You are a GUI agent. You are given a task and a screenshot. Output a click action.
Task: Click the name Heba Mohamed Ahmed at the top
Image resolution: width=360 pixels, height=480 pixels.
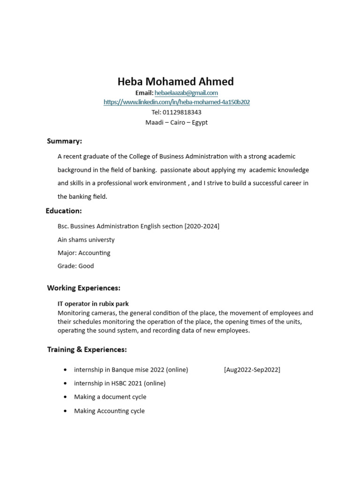tap(175, 82)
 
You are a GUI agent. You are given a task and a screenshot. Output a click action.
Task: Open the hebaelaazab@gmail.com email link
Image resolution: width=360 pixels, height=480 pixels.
tap(186, 93)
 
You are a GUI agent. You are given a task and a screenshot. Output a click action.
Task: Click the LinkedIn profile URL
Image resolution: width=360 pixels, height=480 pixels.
tap(176, 102)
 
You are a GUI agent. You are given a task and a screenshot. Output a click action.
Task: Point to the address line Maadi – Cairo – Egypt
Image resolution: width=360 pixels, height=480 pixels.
tap(176, 123)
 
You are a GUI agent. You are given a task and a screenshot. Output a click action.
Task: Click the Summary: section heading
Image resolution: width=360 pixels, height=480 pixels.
tap(64, 141)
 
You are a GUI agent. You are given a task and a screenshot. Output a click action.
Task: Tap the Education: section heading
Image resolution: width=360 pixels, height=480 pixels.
tap(64, 211)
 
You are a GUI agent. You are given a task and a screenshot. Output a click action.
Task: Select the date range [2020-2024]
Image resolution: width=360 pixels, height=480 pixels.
tap(202, 226)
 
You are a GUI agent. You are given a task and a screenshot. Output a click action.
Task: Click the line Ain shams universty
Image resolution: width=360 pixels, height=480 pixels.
tap(86, 240)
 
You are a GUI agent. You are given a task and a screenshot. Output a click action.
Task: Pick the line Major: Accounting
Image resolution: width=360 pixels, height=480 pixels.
tap(84, 253)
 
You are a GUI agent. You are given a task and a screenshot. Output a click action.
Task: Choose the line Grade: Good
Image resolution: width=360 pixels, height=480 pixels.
tap(75, 266)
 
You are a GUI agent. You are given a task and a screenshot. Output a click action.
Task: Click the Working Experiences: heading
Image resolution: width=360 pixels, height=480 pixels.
tap(83, 288)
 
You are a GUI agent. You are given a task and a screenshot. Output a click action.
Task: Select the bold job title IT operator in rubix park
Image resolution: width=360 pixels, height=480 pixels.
tap(93, 304)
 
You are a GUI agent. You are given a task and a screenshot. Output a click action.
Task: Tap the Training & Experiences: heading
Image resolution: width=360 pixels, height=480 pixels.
tap(87, 350)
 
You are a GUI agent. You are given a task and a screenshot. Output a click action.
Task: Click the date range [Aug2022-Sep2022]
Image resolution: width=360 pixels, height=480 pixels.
tap(252, 370)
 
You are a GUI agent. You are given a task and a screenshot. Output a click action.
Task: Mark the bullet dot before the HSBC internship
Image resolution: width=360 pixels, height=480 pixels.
tap(65, 383)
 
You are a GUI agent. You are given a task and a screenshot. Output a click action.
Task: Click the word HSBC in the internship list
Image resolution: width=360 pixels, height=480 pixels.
tap(120, 383)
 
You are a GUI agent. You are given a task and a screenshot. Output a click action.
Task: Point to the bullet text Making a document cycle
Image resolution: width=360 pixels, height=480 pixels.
tap(110, 397)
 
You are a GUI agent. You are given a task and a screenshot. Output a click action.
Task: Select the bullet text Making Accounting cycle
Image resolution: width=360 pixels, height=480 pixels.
tap(109, 411)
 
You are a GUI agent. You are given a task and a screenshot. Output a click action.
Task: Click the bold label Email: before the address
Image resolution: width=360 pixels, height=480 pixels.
tap(144, 93)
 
